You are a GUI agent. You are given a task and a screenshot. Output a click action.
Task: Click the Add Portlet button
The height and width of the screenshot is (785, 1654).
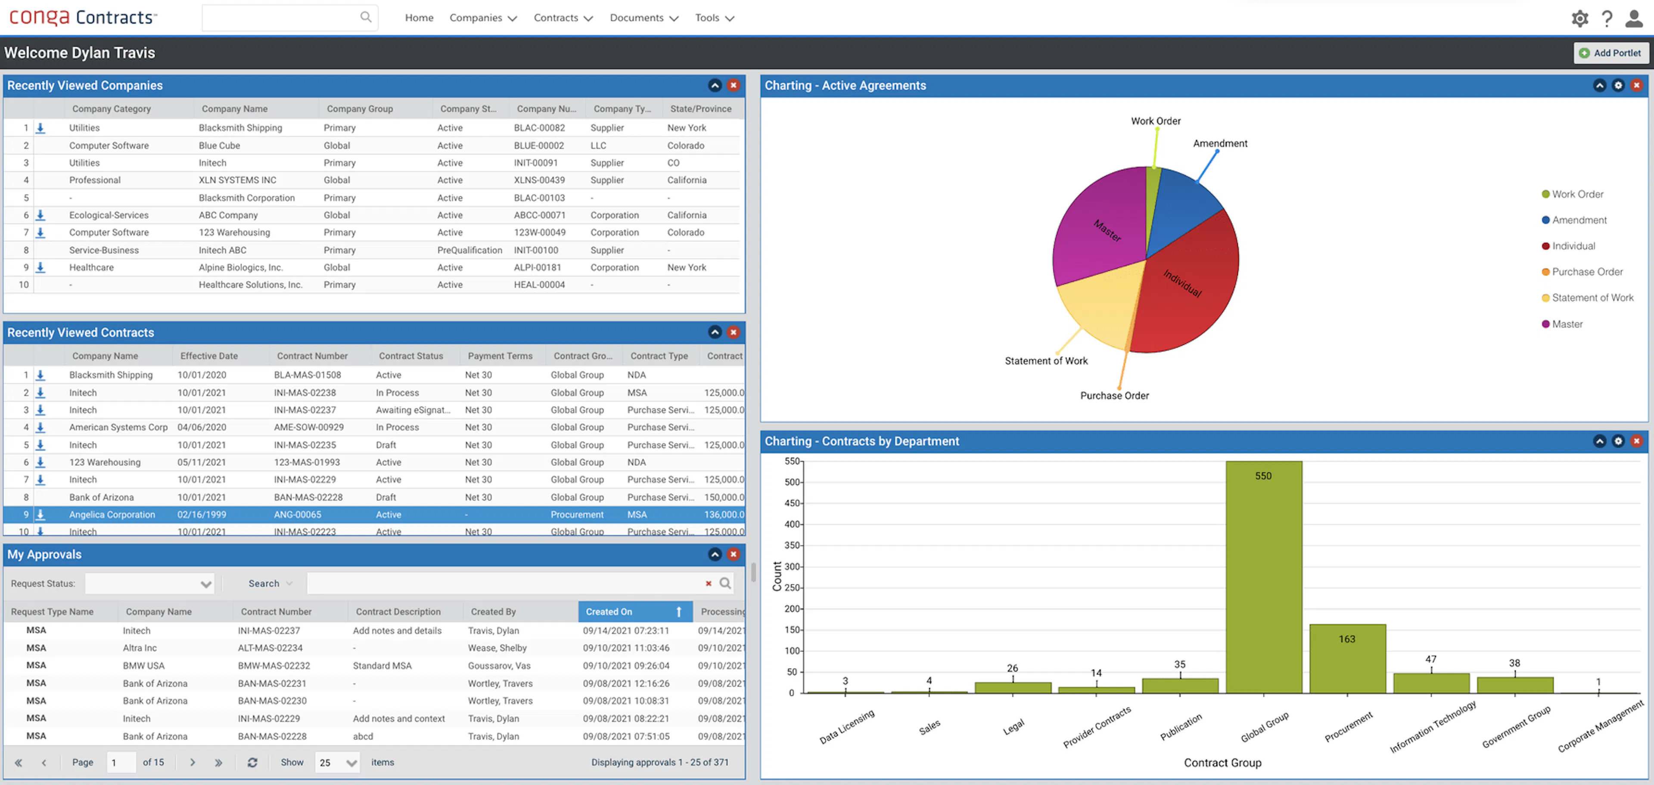tap(1610, 53)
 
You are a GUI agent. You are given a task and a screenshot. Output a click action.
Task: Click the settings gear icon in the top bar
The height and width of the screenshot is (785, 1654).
tap(1579, 18)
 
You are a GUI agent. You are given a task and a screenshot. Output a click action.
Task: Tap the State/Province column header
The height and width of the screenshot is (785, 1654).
tap(700, 109)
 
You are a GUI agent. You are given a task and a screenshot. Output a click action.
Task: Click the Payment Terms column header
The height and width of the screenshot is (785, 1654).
tap(500, 356)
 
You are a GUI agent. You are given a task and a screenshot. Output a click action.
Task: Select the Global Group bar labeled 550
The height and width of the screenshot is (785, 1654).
tap(1263, 578)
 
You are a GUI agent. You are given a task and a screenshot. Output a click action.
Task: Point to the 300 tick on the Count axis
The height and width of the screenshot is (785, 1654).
tap(793, 567)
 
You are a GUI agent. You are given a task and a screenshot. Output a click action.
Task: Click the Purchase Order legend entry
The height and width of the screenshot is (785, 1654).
tap(1586, 272)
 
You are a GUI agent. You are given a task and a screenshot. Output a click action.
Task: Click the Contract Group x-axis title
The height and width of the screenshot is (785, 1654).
tap(1222, 763)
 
